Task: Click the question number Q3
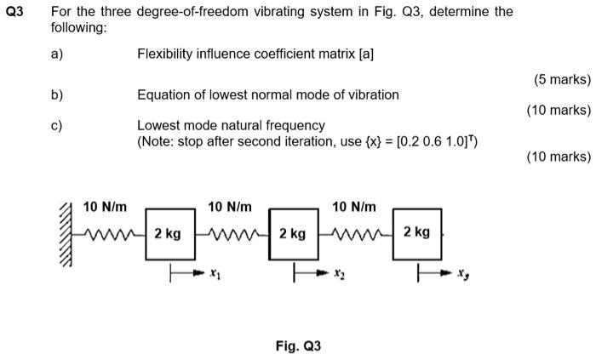(x=15, y=12)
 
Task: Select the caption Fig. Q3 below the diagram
(x=298, y=346)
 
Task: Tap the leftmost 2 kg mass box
(x=168, y=232)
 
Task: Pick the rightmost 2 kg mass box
(x=417, y=232)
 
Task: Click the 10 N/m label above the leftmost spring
(x=105, y=206)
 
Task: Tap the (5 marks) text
(x=562, y=79)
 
